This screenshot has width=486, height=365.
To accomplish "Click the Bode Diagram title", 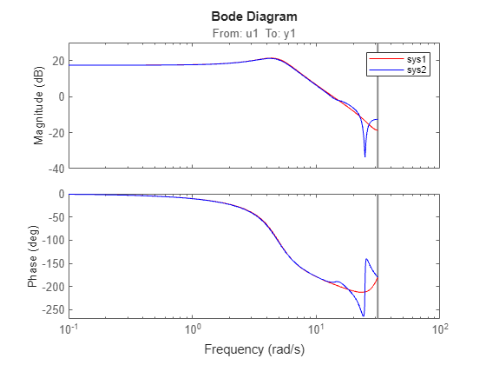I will (x=254, y=17).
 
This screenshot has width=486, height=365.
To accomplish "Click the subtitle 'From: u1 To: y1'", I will (x=254, y=33).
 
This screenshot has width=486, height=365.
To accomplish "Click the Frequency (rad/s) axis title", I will (x=254, y=349).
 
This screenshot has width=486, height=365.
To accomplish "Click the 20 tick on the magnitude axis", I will (x=57, y=61).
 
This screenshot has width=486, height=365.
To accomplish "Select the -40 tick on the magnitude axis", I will (x=55, y=168).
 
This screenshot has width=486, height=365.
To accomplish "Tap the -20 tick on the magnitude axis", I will (x=55, y=132).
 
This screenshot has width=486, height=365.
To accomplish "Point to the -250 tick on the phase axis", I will (x=52, y=309).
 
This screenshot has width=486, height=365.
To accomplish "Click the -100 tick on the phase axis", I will (x=52, y=240).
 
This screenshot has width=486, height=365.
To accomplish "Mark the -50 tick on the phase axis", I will (x=55, y=217).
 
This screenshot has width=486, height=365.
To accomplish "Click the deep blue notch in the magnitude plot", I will (x=364, y=156).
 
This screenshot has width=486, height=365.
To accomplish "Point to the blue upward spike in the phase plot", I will (x=367, y=260).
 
